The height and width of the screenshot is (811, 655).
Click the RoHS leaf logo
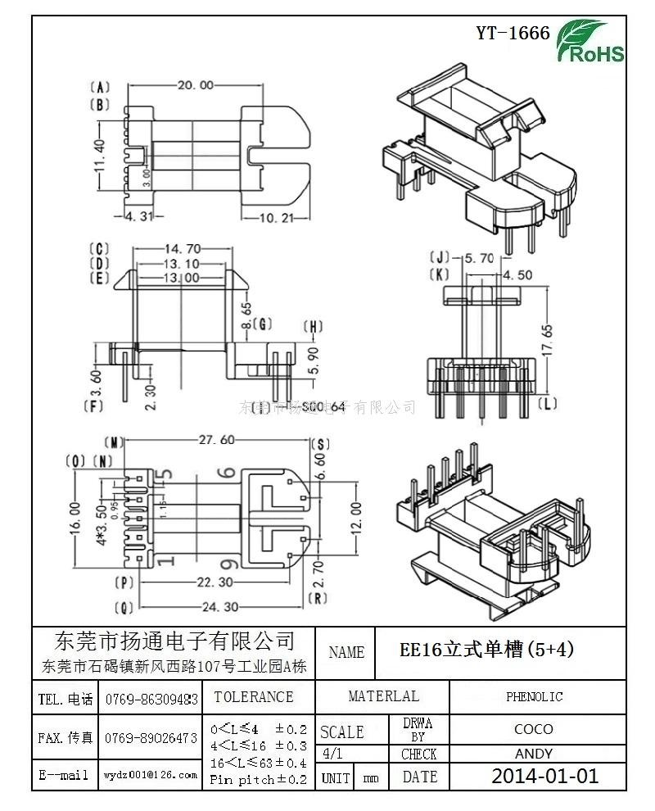click(x=589, y=42)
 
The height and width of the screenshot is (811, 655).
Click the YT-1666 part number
click(x=513, y=33)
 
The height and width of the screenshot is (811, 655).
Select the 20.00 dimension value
click(x=194, y=85)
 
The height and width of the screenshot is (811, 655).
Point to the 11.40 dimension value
click(x=99, y=154)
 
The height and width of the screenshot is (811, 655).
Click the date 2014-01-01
click(x=544, y=777)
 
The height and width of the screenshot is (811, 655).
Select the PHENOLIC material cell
click(x=534, y=697)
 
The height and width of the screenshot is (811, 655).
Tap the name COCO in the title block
click(x=534, y=728)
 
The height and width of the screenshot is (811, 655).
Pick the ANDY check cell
click(x=534, y=754)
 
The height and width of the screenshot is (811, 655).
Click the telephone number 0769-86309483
click(x=151, y=699)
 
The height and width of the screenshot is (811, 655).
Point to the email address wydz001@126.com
click(x=151, y=774)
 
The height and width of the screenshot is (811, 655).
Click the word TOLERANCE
click(x=253, y=697)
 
